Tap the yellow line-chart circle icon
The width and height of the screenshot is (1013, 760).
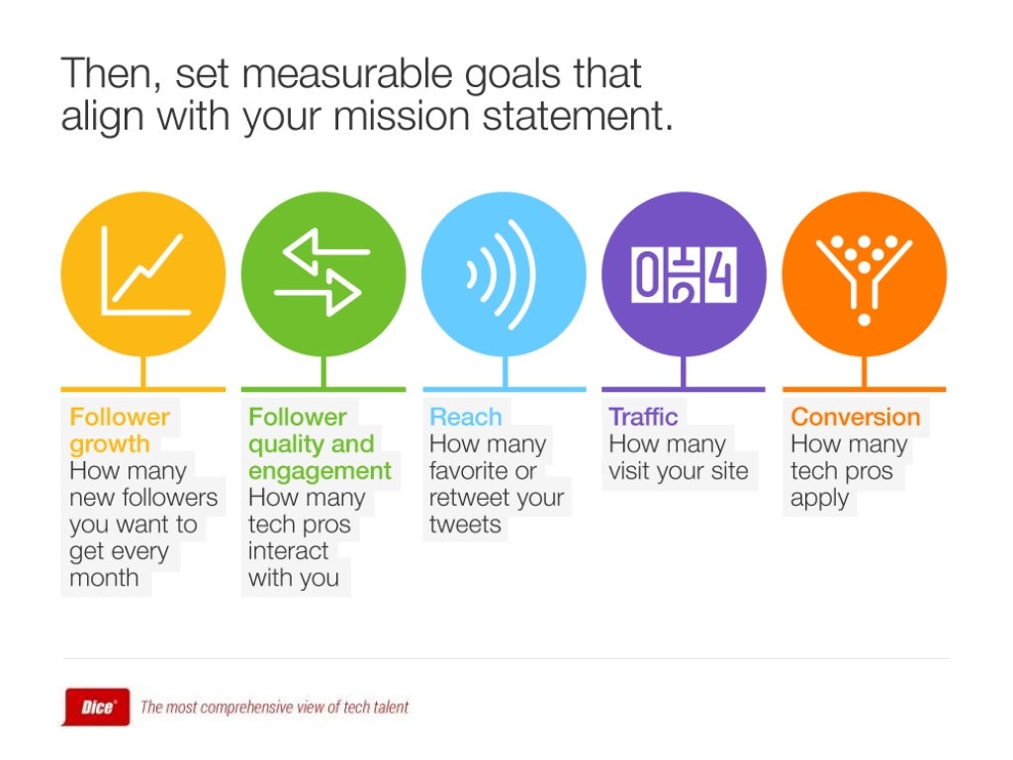(x=143, y=274)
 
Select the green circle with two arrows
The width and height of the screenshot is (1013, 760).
(x=323, y=274)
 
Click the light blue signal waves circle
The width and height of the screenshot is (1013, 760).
(x=504, y=274)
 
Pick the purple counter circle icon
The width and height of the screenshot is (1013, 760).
(x=684, y=274)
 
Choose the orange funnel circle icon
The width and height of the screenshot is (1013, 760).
(x=864, y=274)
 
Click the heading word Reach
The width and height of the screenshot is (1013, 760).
(x=465, y=417)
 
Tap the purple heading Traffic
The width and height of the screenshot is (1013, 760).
(x=643, y=417)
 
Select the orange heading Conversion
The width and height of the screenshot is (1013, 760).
(x=856, y=417)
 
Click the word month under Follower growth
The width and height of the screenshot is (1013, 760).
(x=104, y=578)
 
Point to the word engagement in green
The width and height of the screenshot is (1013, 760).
(x=320, y=471)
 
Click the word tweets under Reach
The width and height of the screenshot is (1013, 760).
(x=465, y=524)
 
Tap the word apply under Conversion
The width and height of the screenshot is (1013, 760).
(x=819, y=499)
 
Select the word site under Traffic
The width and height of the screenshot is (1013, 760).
(x=728, y=471)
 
